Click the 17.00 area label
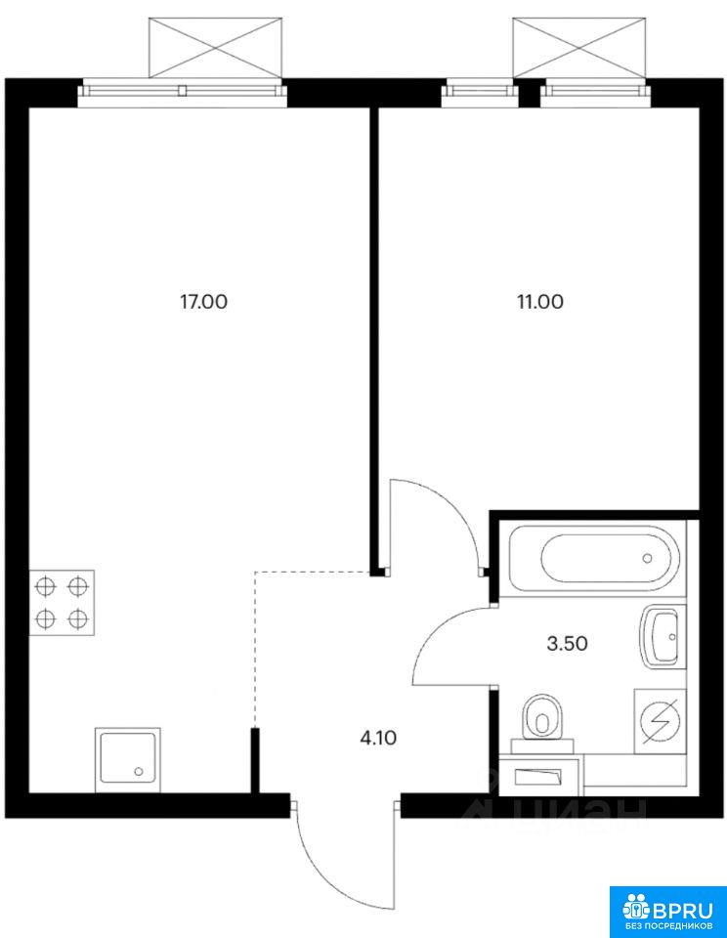point(204,302)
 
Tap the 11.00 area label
point(540,302)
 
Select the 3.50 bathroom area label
point(568,644)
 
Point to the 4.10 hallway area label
point(378,739)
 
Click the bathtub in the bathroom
point(593,559)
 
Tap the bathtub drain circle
point(647,559)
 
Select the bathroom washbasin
point(661,636)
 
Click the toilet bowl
point(542,721)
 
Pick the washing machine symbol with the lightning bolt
point(660,721)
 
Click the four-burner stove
point(63,603)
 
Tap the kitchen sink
point(127,760)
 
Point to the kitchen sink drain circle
point(139,772)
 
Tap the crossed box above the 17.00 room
point(215,48)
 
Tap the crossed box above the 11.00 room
point(579,48)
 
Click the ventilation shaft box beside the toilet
point(539,777)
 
